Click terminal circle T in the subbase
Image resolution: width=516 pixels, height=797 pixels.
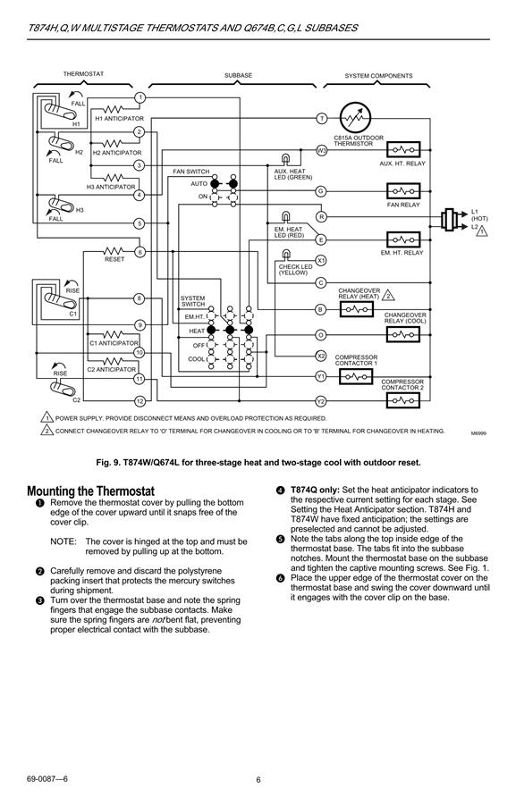[322, 119]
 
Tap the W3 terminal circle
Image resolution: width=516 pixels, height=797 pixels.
[322, 150]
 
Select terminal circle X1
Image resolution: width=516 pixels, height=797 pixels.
[321, 260]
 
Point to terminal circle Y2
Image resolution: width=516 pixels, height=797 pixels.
[320, 401]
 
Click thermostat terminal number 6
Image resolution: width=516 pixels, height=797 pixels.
[140, 252]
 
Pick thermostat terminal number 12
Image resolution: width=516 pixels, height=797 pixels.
[140, 401]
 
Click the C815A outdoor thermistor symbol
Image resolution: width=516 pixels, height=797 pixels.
[355, 118]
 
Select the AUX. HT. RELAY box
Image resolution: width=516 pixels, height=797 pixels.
[403, 150]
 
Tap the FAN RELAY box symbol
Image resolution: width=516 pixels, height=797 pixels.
[403, 191]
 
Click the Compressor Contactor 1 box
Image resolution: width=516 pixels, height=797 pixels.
[356, 376]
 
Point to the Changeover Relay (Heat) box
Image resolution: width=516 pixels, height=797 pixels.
[356, 309]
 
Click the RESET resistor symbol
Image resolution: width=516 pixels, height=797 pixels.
[114, 251]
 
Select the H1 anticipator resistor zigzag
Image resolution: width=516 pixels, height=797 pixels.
[114, 109]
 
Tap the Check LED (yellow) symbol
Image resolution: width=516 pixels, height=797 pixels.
[286, 254]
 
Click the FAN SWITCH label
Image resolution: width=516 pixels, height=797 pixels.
[190, 172]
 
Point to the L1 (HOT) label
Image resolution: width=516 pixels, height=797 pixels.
[478, 215]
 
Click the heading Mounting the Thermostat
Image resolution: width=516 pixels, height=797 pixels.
[90, 491]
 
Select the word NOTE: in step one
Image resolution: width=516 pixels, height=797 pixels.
[63, 541]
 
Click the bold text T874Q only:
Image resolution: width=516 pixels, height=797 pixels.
[315, 490]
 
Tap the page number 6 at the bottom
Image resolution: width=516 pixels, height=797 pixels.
[258, 780]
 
